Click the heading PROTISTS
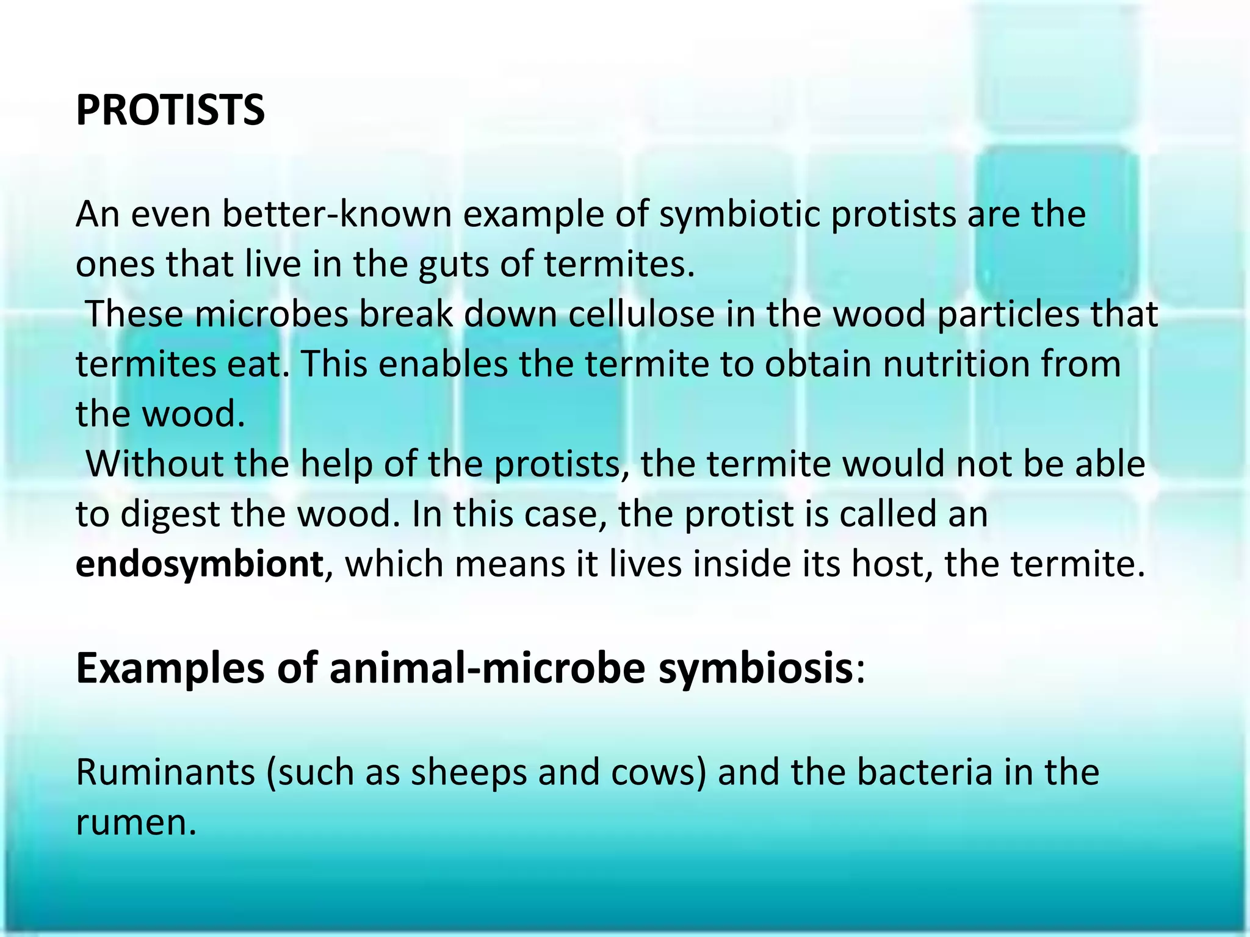point(170,110)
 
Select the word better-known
point(336,215)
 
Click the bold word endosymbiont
point(199,564)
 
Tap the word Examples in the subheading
point(170,669)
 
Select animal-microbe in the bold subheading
point(487,669)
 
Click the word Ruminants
point(165,772)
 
